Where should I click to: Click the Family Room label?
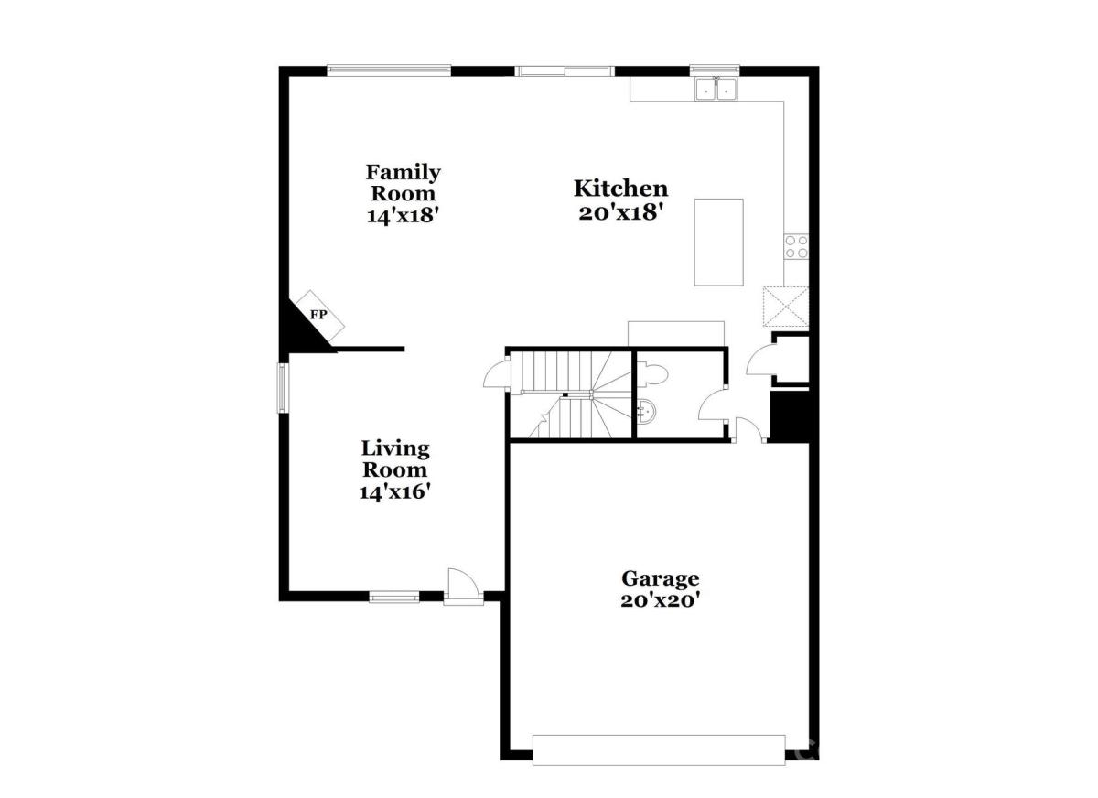click(403, 182)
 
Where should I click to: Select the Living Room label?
click(395, 458)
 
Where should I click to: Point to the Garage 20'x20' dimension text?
click(660, 600)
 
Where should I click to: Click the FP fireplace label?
click(318, 314)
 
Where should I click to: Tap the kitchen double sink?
click(716, 89)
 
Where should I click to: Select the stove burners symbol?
click(796, 246)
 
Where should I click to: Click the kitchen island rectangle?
click(718, 243)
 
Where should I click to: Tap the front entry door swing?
click(463, 587)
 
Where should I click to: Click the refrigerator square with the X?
click(786, 307)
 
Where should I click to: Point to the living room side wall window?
click(283, 388)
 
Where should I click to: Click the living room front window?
click(394, 597)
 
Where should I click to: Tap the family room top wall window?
click(389, 71)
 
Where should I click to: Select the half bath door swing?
click(713, 404)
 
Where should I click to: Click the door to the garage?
click(748, 430)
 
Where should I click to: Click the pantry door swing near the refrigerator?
click(760, 360)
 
